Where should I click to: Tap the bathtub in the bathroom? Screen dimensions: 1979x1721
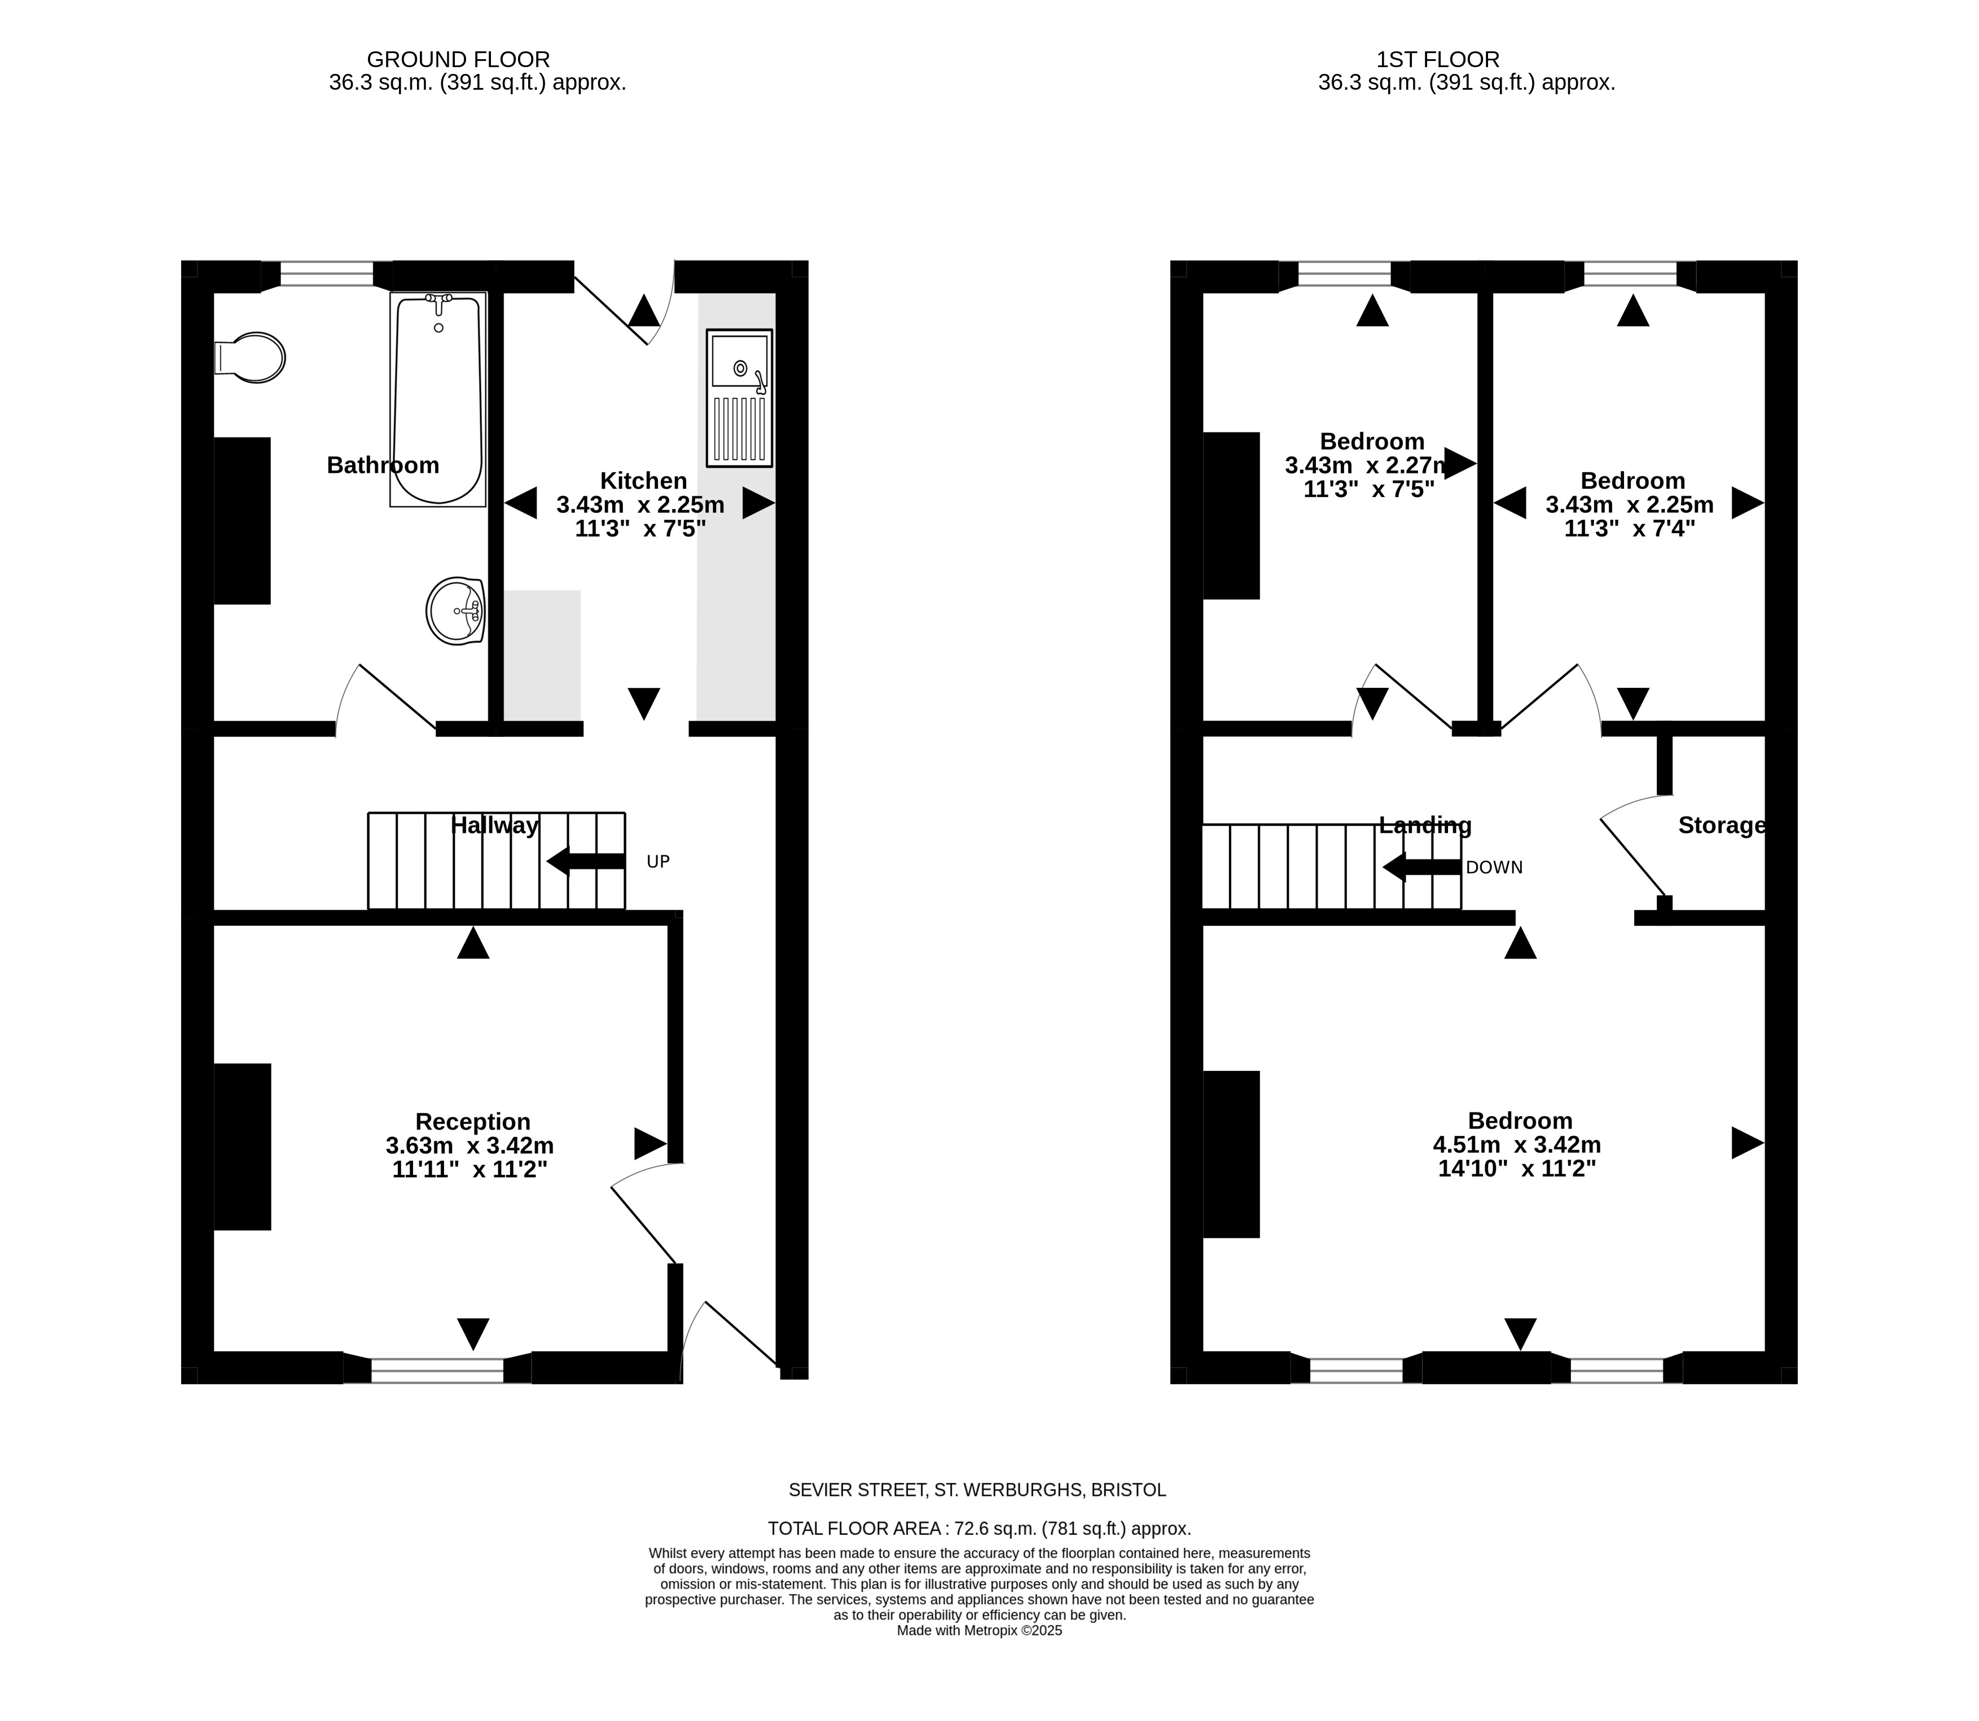[x=438, y=399]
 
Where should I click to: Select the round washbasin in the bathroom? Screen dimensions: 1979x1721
[x=455, y=611]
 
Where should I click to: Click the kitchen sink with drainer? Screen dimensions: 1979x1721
[x=739, y=398]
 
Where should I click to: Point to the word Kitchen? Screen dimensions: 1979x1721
[x=643, y=480]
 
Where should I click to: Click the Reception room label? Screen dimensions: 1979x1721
[x=472, y=1122]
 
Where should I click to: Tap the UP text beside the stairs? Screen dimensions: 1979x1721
[x=658, y=862]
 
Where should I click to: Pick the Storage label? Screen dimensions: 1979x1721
[x=1722, y=825]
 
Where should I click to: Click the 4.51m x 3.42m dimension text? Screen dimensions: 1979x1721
[x=1517, y=1145]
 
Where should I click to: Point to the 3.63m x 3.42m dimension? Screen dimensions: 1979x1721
[x=469, y=1145]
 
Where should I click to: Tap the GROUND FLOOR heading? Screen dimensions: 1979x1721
[x=459, y=60]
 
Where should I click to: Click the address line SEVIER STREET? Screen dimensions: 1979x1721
[x=977, y=1490]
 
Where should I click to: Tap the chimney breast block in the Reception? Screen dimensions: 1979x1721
[x=242, y=1147]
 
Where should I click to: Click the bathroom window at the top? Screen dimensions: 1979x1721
[x=327, y=274]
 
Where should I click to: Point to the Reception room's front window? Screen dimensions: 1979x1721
[x=437, y=1369]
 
